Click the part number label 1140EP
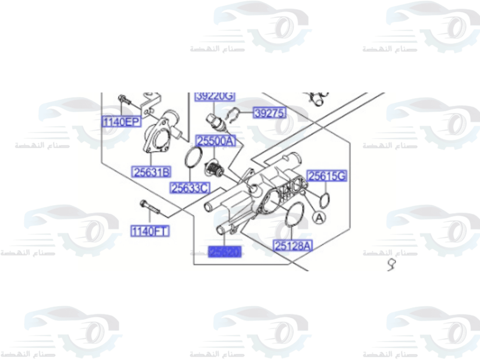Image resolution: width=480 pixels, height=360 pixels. coord(120,122)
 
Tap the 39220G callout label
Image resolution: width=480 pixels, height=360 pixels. coord(215,96)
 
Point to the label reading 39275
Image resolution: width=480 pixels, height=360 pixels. coord(269,113)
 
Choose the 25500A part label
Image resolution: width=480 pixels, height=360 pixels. coord(216,141)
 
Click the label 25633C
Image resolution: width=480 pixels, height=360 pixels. coord(190,188)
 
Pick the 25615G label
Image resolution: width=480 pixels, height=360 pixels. coord(327,176)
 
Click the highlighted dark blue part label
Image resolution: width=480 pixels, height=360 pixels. coord(224,252)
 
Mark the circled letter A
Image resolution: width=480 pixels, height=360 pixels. coord(319,217)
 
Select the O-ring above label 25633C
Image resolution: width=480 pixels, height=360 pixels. coord(193,158)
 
